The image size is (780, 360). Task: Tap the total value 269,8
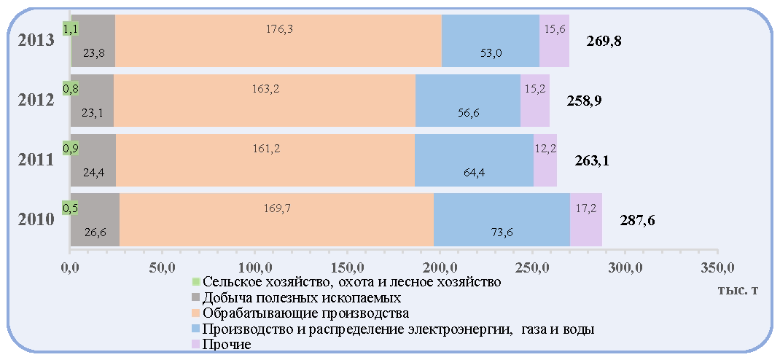click(604, 41)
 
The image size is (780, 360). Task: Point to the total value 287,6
click(636, 220)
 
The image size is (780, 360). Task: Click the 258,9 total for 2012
click(585, 101)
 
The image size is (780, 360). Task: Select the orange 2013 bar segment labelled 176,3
click(278, 40)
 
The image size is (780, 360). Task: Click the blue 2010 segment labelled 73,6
click(502, 219)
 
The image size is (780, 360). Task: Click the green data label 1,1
click(70, 29)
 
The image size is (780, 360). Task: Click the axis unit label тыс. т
click(738, 290)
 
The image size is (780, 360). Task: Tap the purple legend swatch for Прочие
click(195, 344)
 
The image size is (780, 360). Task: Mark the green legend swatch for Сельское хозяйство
click(195, 282)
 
